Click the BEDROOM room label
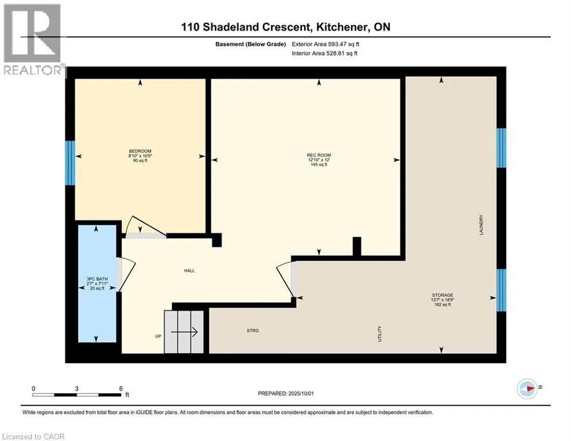tap(140, 151)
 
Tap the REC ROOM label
tap(319, 155)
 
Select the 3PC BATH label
tap(97, 279)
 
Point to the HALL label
tap(189, 271)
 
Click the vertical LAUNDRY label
tap(481, 225)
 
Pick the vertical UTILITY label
tap(379, 334)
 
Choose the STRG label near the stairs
tap(253, 331)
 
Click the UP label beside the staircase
tap(158, 336)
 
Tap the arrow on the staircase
tap(184, 332)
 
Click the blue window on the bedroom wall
tap(70, 163)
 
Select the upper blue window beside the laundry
tap(501, 148)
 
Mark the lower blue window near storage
tap(501, 290)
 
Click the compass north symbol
tap(527, 389)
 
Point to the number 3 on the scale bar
tap(76, 389)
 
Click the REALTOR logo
tap(33, 40)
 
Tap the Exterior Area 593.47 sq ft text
tap(325, 44)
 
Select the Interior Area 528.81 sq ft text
tap(324, 53)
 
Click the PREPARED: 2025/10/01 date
tap(286, 393)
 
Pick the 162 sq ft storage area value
tap(442, 305)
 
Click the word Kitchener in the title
tap(341, 27)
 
